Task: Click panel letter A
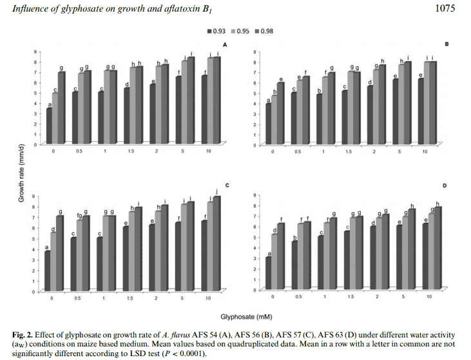225,44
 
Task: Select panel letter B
446,44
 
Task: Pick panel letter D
446,185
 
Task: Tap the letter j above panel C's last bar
217,190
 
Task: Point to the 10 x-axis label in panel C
207,299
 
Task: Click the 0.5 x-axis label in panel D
298,298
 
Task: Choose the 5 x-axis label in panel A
183,155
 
